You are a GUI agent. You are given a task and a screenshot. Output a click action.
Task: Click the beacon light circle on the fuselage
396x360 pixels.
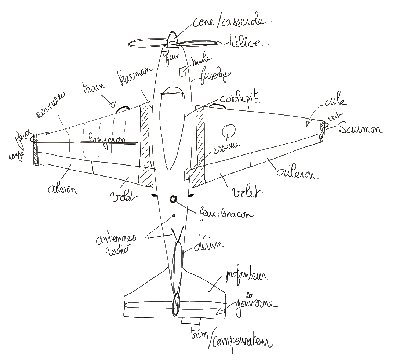click(173, 199)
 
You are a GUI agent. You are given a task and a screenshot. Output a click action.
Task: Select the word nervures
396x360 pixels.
click(51, 105)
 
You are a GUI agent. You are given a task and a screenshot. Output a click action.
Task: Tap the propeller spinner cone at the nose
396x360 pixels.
click(172, 40)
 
